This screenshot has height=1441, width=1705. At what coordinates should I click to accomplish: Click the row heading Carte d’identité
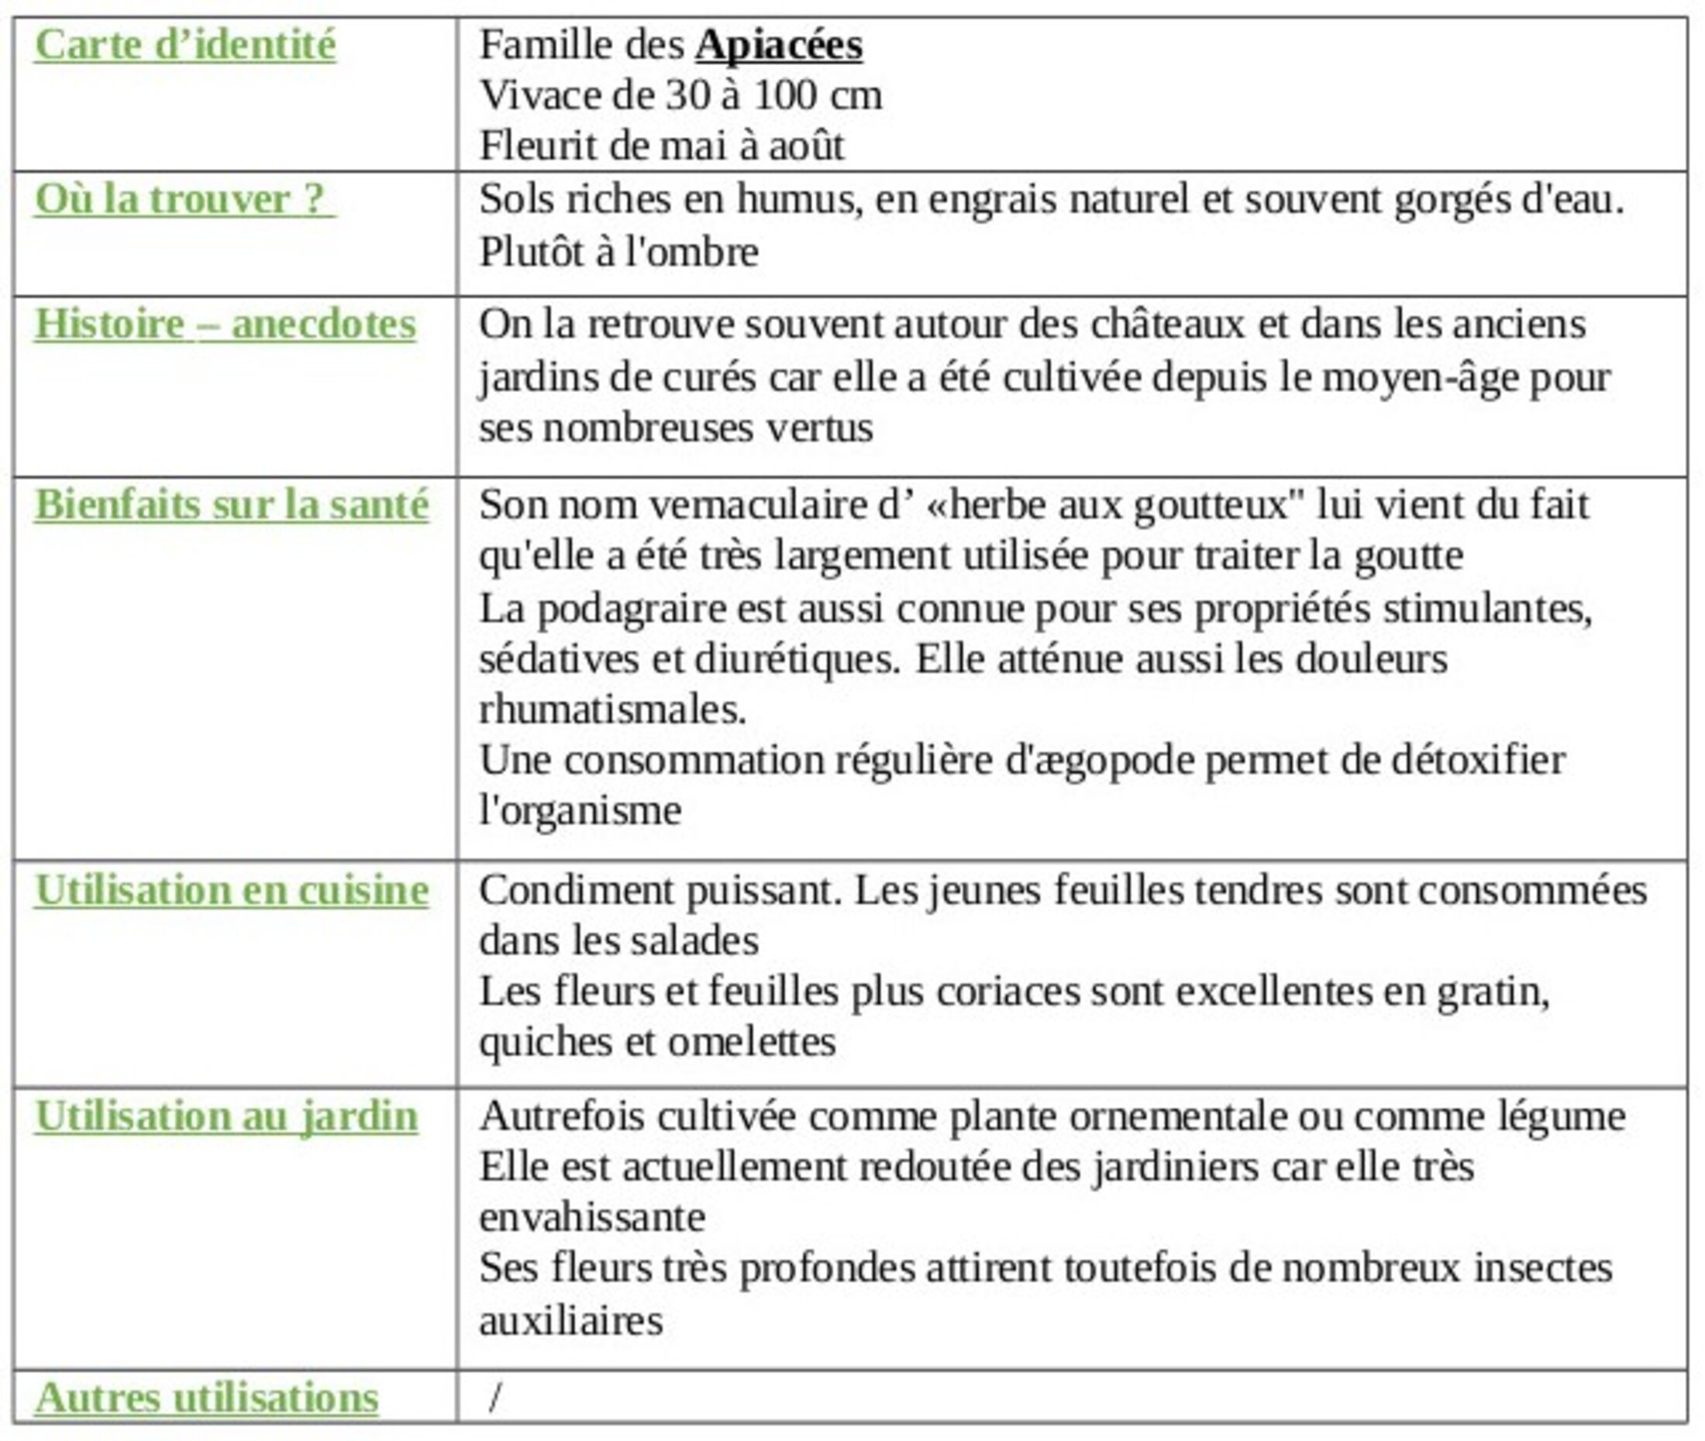click(184, 45)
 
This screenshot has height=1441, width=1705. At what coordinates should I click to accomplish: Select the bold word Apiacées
click(779, 45)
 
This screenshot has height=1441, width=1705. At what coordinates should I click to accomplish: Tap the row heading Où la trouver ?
click(184, 199)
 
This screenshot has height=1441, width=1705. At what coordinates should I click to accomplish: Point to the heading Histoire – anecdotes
click(225, 325)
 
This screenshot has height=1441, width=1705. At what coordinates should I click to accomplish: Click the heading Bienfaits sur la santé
click(231, 505)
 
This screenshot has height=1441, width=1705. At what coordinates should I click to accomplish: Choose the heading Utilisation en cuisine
click(231, 889)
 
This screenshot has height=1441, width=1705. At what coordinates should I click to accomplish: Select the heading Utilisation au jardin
click(226, 1116)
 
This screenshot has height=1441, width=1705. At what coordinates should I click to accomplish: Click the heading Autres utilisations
click(207, 1397)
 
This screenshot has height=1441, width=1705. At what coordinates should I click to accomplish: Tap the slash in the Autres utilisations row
click(495, 1397)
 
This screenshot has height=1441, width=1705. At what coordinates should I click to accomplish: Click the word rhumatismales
click(612, 710)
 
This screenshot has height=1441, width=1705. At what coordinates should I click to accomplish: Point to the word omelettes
click(752, 1042)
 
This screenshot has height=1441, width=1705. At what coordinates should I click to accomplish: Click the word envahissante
click(592, 1218)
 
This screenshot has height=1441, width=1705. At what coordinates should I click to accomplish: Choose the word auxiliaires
click(570, 1321)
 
